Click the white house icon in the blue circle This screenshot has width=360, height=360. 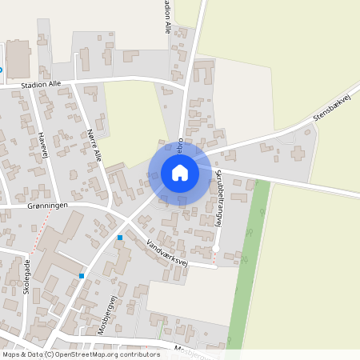point(180,173)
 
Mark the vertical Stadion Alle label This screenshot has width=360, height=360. point(167,16)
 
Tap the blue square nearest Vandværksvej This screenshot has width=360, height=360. point(120,238)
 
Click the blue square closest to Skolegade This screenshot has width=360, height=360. point(82,276)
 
